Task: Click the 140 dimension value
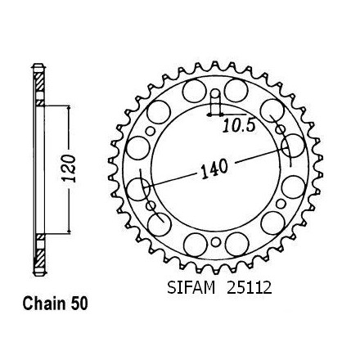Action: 214,169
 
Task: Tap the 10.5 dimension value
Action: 239,126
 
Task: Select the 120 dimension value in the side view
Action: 69,169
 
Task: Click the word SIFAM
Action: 191,287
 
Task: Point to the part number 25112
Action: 250,287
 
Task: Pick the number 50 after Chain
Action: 79,304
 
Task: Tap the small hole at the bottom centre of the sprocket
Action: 216,242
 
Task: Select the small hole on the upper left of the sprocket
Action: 150,131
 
